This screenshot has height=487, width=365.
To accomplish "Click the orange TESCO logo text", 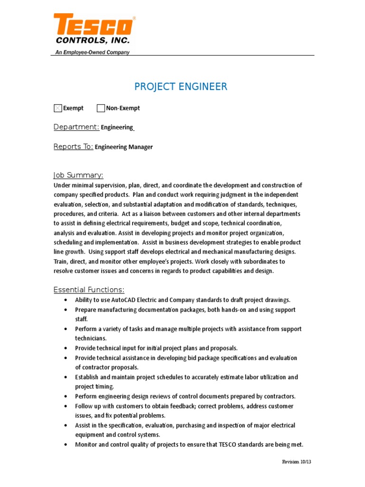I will pyautogui.click(x=93, y=25).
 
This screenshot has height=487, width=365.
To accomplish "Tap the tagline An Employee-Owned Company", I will pyautogui.click(x=90, y=52).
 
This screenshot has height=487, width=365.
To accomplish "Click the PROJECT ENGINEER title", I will pyautogui.click(x=181, y=87).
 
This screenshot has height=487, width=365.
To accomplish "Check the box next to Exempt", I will pyautogui.click(x=58, y=108).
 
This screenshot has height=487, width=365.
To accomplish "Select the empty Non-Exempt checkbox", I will pyautogui.click(x=101, y=108).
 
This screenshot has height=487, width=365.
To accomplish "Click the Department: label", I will pyautogui.click(x=76, y=127).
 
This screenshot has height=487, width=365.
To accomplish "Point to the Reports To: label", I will pyautogui.click(x=73, y=146).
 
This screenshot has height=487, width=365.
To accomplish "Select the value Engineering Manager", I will pyautogui.click(x=124, y=147).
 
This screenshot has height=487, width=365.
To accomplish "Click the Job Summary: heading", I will pyautogui.click(x=78, y=175).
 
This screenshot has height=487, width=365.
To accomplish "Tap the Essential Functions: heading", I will pyautogui.click(x=89, y=290).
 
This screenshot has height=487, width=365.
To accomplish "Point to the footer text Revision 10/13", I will pyautogui.click(x=297, y=462).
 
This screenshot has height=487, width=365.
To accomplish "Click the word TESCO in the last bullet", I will pyautogui.click(x=231, y=445).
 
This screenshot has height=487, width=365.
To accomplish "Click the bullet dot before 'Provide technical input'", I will pyautogui.click(x=65, y=348).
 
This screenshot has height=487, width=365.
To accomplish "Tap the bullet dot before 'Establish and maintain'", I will pyautogui.click(x=65, y=377).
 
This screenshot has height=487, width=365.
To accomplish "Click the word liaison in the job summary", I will pyautogui.click(x=144, y=214).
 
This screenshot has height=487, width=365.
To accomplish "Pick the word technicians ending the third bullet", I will pyautogui.click(x=90, y=338).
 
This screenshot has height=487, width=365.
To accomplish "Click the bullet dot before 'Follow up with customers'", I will pyautogui.click(x=65, y=406).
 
